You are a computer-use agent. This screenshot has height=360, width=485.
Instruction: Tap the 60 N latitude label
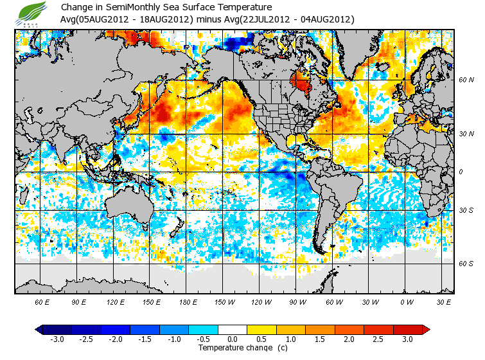(x=466, y=80)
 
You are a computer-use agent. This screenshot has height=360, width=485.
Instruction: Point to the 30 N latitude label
(x=466, y=134)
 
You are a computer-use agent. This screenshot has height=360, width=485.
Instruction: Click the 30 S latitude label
(x=466, y=211)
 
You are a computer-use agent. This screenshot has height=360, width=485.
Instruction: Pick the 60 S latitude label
(x=466, y=264)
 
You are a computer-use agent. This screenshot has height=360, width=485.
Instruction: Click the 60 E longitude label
(x=42, y=301)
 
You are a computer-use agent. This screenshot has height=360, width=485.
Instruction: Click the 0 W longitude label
(x=407, y=301)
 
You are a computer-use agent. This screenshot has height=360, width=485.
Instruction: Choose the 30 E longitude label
(x=444, y=301)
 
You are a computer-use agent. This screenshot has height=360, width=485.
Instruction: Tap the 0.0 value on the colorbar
(x=233, y=339)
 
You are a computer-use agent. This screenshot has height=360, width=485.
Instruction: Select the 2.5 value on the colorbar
(x=379, y=339)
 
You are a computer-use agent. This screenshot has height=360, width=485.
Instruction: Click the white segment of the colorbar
(x=233, y=329)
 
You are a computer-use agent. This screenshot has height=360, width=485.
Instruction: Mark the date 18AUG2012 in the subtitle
(x=162, y=19)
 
